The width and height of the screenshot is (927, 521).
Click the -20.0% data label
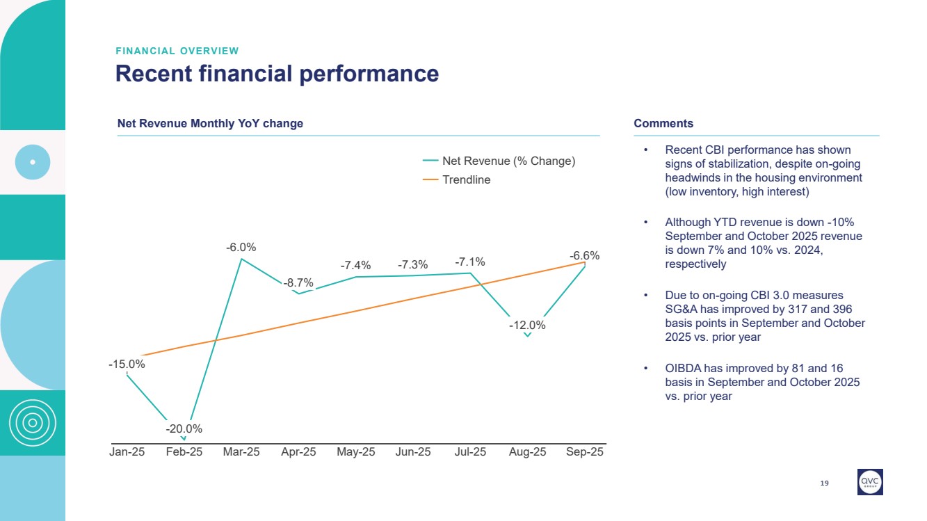point(184,428)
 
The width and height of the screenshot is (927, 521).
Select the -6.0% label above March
point(241,247)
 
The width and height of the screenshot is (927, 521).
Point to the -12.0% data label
point(527,325)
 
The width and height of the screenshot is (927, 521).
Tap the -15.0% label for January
point(127,364)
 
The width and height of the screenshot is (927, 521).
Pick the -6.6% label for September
point(585,256)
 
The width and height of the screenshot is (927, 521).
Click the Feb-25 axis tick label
point(184,452)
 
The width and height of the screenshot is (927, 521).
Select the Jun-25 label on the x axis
point(413,452)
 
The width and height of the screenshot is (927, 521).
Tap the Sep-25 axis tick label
point(585,452)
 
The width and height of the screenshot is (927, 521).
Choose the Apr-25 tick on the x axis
point(298,452)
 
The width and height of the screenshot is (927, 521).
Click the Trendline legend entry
point(466,179)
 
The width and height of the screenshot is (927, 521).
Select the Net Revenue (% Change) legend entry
point(508,161)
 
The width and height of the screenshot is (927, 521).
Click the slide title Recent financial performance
point(277,74)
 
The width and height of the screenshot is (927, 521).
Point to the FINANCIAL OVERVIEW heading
point(177,51)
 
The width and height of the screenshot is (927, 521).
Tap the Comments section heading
point(663,124)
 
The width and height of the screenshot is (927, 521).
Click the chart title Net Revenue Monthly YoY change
point(210,124)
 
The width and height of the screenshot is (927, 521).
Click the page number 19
point(825,483)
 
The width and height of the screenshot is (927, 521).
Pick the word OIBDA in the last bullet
point(683,368)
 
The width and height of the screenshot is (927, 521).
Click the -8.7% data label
point(298,282)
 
